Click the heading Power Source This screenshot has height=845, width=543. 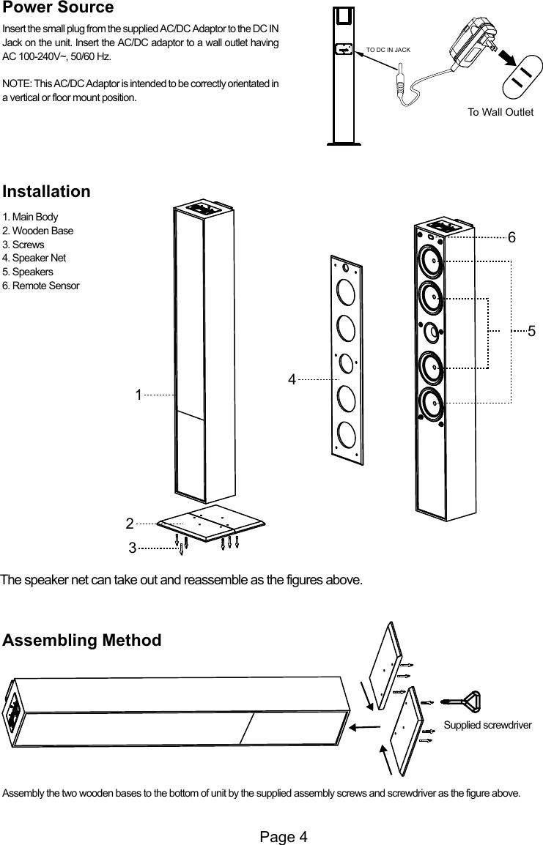pyautogui.click(x=59, y=9)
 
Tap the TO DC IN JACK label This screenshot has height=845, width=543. pyautogui.click(x=388, y=50)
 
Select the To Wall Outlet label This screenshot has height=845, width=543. pyautogui.click(x=500, y=112)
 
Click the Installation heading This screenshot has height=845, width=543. pyautogui.click(x=47, y=192)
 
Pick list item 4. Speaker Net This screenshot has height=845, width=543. pyautogui.click(x=34, y=258)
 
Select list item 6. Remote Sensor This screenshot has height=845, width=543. pyautogui.click(x=41, y=285)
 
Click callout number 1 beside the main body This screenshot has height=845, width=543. pyautogui.click(x=138, y=395)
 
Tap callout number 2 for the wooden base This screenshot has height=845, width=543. pyautogui.click(x=129, y=524)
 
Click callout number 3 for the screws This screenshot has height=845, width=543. pyautogui.click(x=133, y=546)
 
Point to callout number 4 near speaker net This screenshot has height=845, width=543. pyautogui.click(x=292, y=379)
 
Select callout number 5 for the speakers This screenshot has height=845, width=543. pyautogui.click(x=531, y=330)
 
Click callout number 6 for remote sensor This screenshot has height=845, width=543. pyautogui.click(x=511, y=238)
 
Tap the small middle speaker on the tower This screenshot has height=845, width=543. pyautogui.click(x=432, y=332)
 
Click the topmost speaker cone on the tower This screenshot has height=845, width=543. pyautogui.click(x=430, y=261)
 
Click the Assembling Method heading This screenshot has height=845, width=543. pyautogui.click(x=82, y=641)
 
